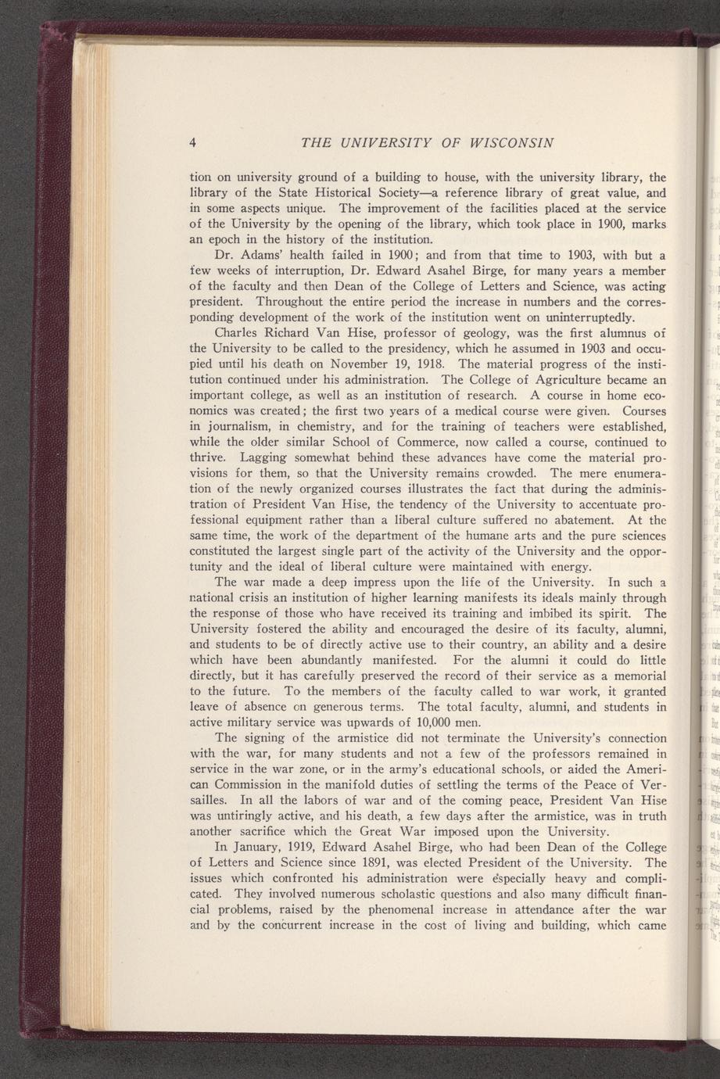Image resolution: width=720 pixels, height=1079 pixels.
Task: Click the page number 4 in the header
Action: (x=192, y=142)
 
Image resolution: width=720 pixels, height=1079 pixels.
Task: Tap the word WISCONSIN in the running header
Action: (x=511, y=142)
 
